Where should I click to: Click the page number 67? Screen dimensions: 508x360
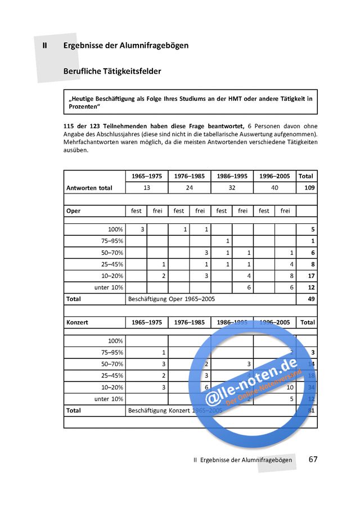[x=313, y=459]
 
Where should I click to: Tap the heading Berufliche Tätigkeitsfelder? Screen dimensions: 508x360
[x=112, y=71]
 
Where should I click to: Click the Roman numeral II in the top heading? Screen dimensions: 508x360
[x=44, y=45]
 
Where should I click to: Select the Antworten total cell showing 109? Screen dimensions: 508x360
[x=307, y=188]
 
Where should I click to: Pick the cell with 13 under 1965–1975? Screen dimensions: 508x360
[x=146, y=188]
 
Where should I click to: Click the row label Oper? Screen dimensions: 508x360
[x=73, y=211]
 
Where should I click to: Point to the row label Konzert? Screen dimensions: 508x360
[x=78, y=322]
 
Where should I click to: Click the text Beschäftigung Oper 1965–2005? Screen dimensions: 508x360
[x=172, y=299]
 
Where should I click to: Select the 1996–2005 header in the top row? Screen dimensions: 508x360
[x=274, y=176]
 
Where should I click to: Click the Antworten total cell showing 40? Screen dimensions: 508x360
[x=274, y=188]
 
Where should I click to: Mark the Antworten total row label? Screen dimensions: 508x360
[x=89, y=188]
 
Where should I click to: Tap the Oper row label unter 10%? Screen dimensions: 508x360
[x=109, y=287]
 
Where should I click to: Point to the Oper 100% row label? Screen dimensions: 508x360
[x=115, y=229]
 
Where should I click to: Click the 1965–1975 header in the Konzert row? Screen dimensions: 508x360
[x=146, y=322]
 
